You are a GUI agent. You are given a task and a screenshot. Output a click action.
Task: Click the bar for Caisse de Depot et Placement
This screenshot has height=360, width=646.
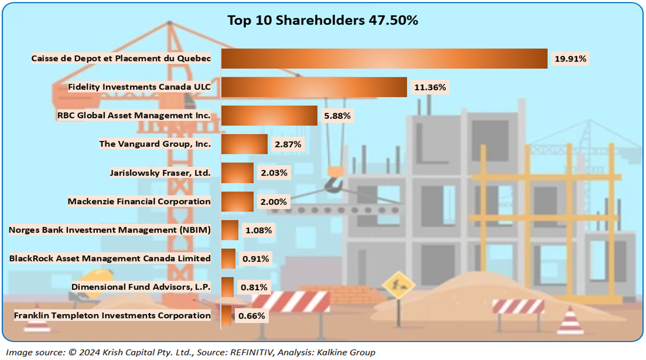click(384, 58)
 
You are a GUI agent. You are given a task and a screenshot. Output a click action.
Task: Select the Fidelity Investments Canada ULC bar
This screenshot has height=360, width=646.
click(314, 87)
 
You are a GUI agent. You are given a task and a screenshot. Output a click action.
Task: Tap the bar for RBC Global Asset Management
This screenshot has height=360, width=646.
click(269, 115)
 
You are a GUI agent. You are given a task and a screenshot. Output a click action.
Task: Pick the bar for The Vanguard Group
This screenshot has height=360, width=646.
click(244, 144)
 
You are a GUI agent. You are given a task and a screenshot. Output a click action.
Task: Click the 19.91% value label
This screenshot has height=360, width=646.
click(570, 58)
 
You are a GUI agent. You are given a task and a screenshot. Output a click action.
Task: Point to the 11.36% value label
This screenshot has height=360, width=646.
click(430, 87)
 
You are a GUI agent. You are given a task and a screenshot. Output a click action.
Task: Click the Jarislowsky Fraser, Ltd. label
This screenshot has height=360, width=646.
click(160, 173)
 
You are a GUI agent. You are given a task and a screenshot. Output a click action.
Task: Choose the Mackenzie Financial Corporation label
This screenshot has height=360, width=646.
click(139, 201)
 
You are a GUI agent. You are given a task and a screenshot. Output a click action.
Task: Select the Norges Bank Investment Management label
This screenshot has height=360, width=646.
click(110, 230)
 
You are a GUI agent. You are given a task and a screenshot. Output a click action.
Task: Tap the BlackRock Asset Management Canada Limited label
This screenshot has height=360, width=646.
click(110, 258)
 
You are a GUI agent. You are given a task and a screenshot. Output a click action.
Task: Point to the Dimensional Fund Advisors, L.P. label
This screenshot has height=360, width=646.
click(141, 287)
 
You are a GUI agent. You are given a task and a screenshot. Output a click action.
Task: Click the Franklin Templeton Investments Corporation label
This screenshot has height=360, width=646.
click(112, 315)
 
